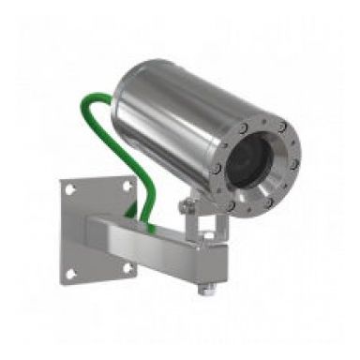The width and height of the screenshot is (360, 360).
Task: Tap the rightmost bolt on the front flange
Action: (x=293, y=165)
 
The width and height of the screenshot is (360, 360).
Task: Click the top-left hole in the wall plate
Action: (x=71, y=189)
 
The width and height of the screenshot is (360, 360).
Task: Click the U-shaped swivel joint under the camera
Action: (x=199, y=222)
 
